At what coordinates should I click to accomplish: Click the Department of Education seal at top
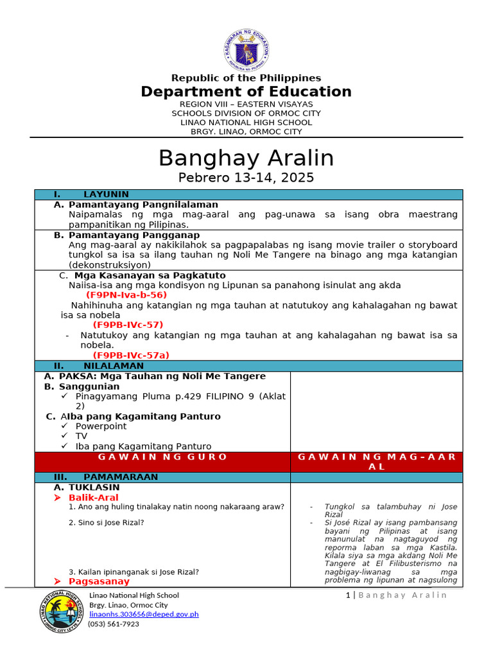[x=246, y=50]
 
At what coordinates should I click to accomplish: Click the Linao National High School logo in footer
[x=62, y=613]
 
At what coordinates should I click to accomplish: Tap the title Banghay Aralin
[x=246, y=158]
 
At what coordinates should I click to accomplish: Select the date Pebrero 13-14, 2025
[x=246, y=178]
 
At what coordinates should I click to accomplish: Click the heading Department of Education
[x=246, y=92]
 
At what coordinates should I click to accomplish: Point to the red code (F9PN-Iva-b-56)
[x=126, y=294]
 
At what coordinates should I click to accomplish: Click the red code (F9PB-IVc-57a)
[x=131, y=355]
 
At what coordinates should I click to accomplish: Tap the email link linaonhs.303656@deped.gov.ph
[x=144, y=614]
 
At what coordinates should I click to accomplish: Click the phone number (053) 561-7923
[x=114, y=624]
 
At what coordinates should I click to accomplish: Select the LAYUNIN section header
[x=106, y=194]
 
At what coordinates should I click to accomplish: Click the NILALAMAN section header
[x=114, y=366]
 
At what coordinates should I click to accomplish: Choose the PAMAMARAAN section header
[x=121, y=477]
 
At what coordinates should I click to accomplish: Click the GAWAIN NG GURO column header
[x=163, y=457]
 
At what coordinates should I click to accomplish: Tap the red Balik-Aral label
[x=94, y=497]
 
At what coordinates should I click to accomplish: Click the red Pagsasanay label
[x=99, y=581]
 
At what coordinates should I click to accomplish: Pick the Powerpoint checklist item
[x=101, y=426]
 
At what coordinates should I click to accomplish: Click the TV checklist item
[x=82, y=436]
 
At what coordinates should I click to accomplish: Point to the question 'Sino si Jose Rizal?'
[x=107, y=522]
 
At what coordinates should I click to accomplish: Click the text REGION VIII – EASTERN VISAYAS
[x=246, y=104]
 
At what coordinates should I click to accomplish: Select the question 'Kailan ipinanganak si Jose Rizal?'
[x=134, y=572]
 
